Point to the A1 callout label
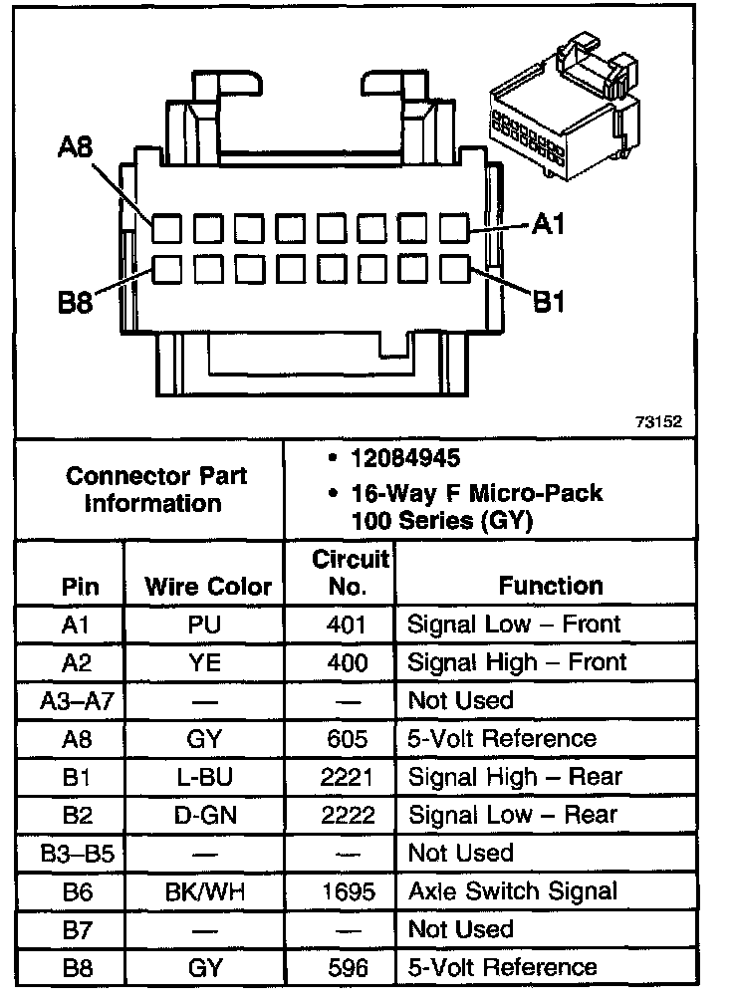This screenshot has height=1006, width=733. coord(549,225)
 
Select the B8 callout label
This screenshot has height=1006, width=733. coord(75,303)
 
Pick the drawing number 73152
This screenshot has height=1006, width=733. coord(658,421)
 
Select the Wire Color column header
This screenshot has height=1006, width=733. coord(208,587)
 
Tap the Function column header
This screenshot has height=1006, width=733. coord(551,586)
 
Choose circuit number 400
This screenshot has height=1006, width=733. coord(347,662)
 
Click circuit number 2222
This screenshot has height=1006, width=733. coord(347,815)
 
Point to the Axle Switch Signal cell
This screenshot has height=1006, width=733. coord(513,890)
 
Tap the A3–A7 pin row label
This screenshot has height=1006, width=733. coord(78,700)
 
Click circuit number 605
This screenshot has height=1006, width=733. coord(347,739)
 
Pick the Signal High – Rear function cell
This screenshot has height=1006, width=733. coord(515,777)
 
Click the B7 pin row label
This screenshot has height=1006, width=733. coord(78,928)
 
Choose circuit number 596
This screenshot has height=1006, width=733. coord(347,967)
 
